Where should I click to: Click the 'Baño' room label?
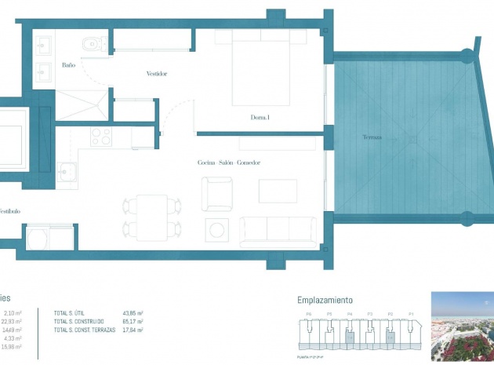tap(69, 65)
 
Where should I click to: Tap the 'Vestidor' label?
tap(157, 74)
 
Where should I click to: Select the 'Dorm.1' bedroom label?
tap(260, 118)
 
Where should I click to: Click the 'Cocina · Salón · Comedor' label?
tap(228, 162)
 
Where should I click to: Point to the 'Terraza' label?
tap(372, 137)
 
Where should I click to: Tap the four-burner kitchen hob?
tap(101, 137)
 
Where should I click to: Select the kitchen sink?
tap(66, 170)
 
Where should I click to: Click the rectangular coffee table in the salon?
tap(278, 191)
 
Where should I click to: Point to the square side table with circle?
tap(216, 230)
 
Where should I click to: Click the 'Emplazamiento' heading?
tap(325, 300)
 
